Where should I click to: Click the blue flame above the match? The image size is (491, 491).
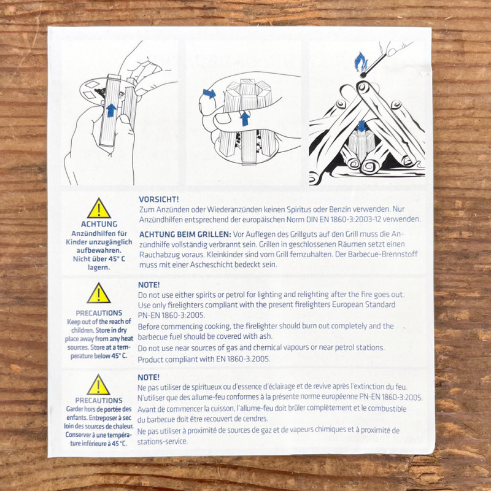coord(361,62)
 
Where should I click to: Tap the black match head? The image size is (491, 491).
coord(363,75)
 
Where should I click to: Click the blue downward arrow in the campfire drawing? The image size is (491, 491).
coord(362,126)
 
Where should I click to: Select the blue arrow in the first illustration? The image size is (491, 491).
coord(111,110)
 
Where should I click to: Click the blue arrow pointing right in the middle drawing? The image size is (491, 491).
coord(209,93)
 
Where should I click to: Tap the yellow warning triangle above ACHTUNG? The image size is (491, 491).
coord(99,208)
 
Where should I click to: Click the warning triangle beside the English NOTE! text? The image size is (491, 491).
coord(99,293)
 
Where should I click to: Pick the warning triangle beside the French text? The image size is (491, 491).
coord(98,385)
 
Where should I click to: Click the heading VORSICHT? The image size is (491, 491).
coord(159,199)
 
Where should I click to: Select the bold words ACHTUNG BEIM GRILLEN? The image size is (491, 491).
coord(185,234)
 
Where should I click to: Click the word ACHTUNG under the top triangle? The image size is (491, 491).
coord(99,224)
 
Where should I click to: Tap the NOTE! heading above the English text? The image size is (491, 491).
coord(149,285)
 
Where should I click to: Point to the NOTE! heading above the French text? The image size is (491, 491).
coord(149,377)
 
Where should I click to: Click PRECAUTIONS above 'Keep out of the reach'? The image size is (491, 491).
coord(99,313)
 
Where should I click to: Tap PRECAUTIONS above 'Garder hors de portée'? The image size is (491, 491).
coord(99,401)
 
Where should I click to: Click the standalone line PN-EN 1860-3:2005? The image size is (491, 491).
coord(171,315)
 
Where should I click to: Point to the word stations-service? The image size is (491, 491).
coord(162,441)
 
